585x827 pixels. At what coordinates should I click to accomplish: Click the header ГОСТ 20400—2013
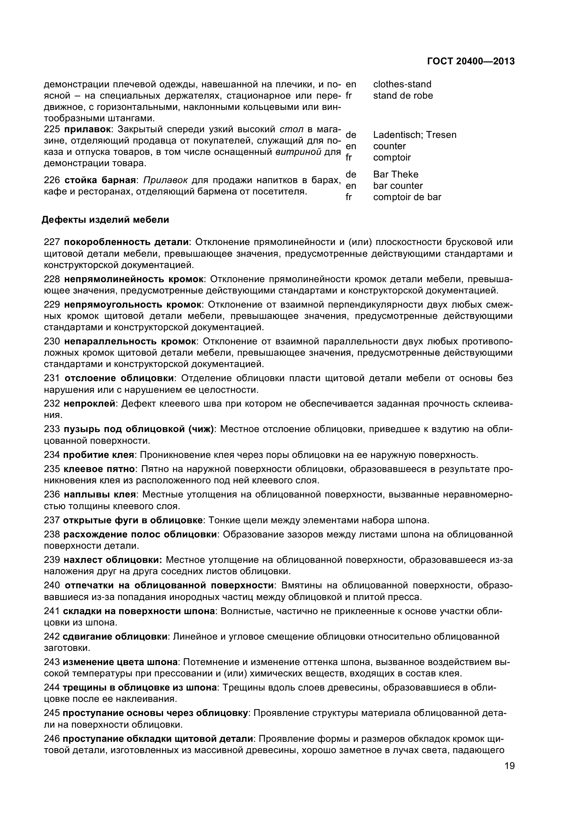tap(470, 62)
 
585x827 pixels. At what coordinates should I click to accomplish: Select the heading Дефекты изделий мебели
tap(105, 220)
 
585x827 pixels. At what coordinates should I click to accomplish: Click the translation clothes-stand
tap(402, 84)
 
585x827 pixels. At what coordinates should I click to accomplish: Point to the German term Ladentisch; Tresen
tap(415, 135)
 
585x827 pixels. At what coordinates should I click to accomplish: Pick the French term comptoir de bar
tap(407, 197)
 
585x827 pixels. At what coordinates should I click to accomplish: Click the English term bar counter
tap(398, 186)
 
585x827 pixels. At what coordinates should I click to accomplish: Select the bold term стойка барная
tap(100, 180)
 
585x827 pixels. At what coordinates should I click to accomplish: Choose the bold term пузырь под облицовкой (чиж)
tap(139, 429)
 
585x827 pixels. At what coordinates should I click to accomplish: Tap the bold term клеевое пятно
tap(99, 469)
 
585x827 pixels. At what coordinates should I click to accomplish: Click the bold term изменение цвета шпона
tap(120, 662)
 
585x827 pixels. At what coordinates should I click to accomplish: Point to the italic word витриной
tap(298, 152)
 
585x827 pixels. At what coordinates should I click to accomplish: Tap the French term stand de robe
tap(403, 96)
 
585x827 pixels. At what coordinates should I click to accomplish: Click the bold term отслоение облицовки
tap(119, 378)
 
